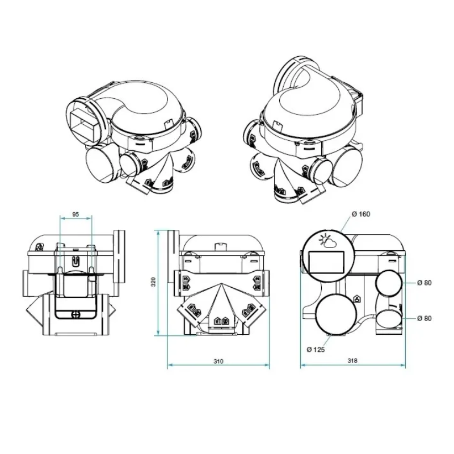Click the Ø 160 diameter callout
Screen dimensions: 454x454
(x=360, y=214)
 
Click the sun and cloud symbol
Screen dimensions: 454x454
(x=327, y=241)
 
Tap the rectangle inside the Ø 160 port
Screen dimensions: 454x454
(x=327, y=262)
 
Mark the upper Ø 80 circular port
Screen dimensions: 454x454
(x=388, y=283)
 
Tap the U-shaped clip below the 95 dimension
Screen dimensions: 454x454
(x=75, y=262)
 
